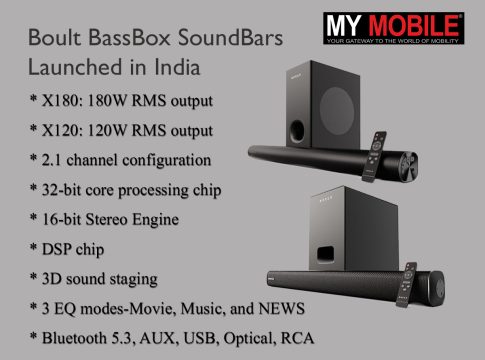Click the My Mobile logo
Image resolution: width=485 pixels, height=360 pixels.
(x=393, y=28)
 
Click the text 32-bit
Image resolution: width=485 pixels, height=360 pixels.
(x=62, y=190)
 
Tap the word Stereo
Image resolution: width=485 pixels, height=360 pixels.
(x=107, y=219)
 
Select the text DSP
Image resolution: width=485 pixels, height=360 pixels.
(x=56, y=249)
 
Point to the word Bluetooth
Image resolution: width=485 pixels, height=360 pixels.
(x=74, y=338)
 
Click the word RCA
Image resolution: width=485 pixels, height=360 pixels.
(x=297, y=338)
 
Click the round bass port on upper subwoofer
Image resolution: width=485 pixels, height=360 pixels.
(x=296, y=131)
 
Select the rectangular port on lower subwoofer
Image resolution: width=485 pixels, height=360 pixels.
(x=325, y=254)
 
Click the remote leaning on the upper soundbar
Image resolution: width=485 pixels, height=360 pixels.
(x=374, y=157)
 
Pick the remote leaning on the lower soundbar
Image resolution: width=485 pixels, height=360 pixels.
(x=406, y=285)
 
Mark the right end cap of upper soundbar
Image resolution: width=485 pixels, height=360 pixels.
(x=409, y=166)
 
